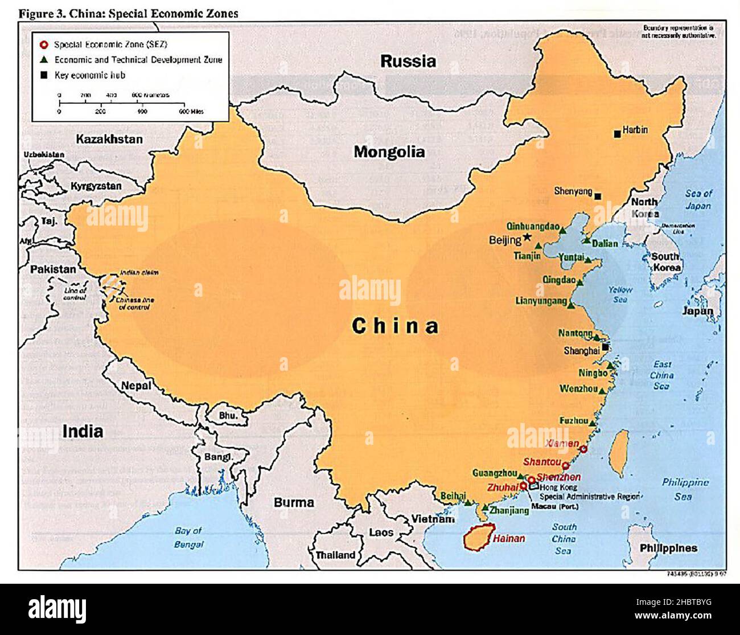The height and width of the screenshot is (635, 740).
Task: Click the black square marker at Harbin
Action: tap(617, 134)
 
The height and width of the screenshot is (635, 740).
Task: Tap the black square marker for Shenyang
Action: tap(598, 196)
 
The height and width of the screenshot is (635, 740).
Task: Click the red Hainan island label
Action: tap(509, 538)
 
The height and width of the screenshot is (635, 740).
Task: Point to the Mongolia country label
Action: tap(389, 152)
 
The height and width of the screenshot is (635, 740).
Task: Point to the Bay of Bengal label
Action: tap(188, 537)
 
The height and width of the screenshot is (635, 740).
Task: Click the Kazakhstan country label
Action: tap(109, 139)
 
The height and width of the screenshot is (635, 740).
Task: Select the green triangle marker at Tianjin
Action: tap(538, 246)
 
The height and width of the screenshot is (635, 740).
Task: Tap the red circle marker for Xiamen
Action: tap(583, 449)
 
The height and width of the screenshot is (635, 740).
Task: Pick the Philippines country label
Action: tap(668, 548)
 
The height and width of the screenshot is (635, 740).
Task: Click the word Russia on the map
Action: tap(408, 61)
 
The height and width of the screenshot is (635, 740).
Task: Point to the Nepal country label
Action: tap(136, 386)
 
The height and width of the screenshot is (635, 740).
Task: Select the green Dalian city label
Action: tap(605, 244)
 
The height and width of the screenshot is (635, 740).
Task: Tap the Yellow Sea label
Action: tap(620, 294)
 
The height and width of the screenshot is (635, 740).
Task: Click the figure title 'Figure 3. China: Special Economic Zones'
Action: tap(128, 13)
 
